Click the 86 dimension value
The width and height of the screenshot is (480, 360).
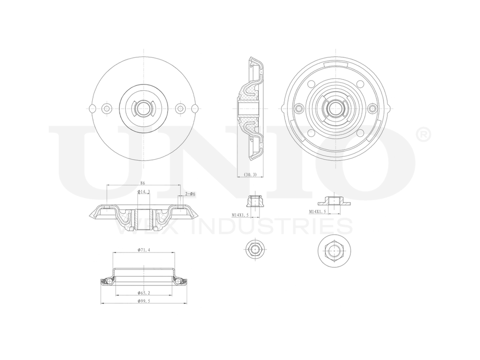(143, 183)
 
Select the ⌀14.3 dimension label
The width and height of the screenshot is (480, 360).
(144, 192)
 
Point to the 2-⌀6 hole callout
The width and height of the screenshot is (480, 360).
(189, 194)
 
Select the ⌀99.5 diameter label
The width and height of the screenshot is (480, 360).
(144, 301)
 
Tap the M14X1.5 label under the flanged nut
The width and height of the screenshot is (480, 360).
(320, 211)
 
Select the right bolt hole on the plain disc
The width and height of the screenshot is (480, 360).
(180, 108)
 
